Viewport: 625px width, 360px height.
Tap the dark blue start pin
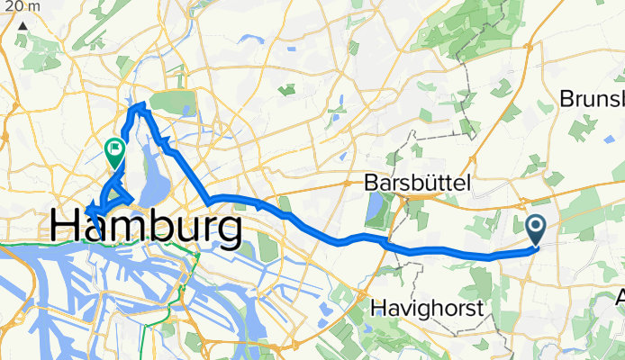pos(535,230)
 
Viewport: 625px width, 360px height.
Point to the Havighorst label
pos(427,309)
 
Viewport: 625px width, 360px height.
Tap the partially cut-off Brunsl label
pos(592,99)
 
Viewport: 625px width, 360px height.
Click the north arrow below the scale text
pos(21,26)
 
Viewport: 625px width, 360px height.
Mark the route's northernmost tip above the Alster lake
pos(140,106)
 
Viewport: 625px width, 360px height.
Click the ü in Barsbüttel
pos(427,183)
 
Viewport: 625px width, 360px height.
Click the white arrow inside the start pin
pos(535,227)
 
